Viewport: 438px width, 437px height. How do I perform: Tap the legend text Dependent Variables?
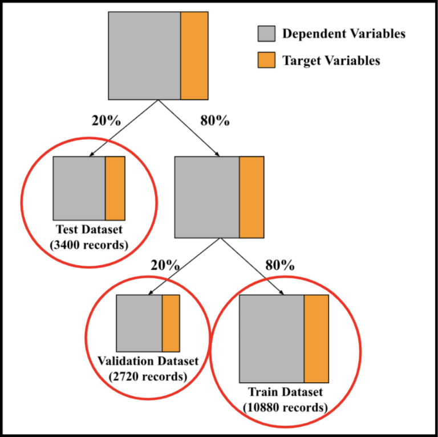344,34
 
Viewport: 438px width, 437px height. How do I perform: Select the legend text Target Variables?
331,61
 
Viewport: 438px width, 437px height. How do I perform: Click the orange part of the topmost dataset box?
194,55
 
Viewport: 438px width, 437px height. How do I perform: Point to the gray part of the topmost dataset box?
144,55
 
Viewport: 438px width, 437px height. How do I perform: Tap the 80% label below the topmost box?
216,121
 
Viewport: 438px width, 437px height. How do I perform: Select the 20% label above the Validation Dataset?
165,265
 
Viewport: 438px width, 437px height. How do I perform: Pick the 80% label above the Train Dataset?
279,265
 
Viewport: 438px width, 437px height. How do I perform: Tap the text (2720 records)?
147,376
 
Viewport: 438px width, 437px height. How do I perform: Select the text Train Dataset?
285,392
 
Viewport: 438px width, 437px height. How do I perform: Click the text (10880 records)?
285,407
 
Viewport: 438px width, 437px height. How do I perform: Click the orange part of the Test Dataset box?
115,188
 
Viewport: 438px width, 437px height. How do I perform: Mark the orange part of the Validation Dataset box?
171,323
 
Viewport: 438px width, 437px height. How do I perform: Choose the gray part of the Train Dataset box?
271,338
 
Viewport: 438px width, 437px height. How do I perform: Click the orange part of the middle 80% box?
251,197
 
